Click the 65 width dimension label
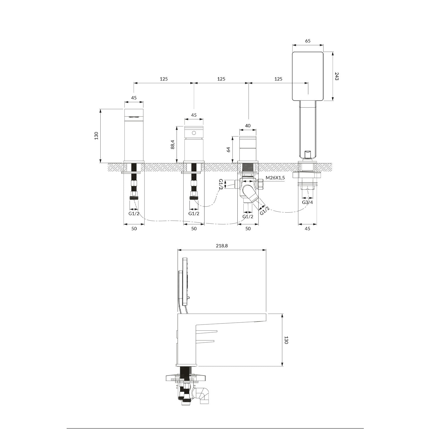[x=308, y=41]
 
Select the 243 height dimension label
[x=337, y=76]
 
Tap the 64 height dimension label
[x=229, y=150]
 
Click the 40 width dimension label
[x=248, y=126]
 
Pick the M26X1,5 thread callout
[x=275, y=178]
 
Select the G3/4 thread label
[x=308, y=202]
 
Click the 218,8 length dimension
[x=222, y=246]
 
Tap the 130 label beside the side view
[x=286, y=340]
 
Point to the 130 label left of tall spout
[x=96, y=136]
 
